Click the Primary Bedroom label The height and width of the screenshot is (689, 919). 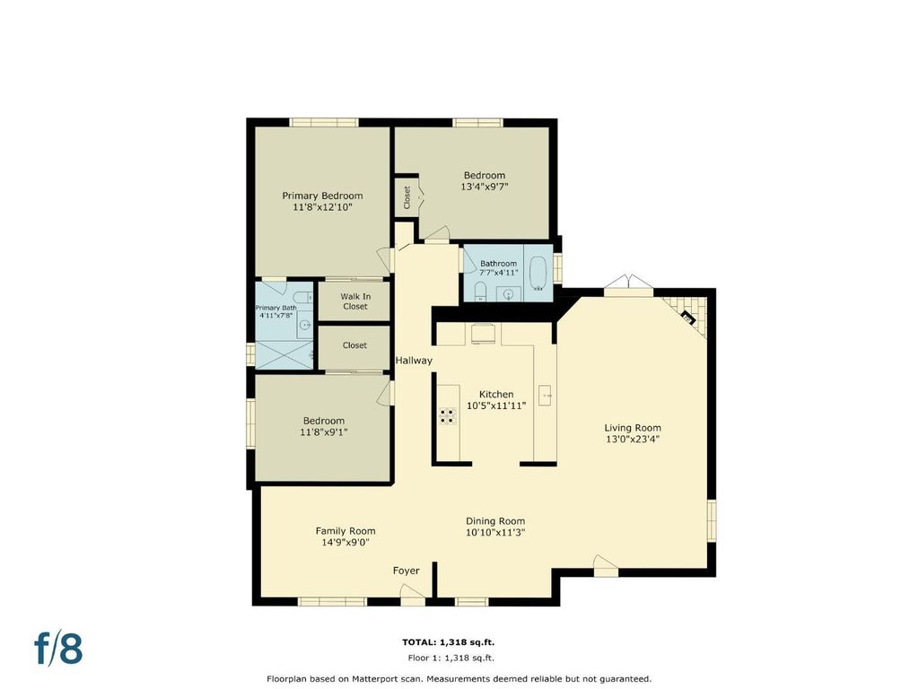coord(322,196)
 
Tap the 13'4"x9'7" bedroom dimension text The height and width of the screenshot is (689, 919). coord(484,187)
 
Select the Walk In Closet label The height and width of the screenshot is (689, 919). coord(355,301)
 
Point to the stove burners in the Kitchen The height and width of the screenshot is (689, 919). coord(448,415)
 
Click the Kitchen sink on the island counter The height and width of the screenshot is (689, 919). coord(546,395)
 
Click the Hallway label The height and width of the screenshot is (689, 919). coord(413,361)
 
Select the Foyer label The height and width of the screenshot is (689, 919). coord(407,571)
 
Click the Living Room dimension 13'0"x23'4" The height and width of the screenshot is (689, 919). coord(633,439)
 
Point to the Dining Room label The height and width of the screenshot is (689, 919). coord(495,521)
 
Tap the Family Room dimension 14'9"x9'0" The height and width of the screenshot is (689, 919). coord(346,543)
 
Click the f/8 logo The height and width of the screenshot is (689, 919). coord(58,649)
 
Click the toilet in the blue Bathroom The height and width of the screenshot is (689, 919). coord(480,292)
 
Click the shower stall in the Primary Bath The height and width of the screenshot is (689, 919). coord(284,354)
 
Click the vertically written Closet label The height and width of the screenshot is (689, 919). coord(407,198)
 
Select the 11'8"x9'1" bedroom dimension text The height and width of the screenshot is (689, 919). coord(323,432)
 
